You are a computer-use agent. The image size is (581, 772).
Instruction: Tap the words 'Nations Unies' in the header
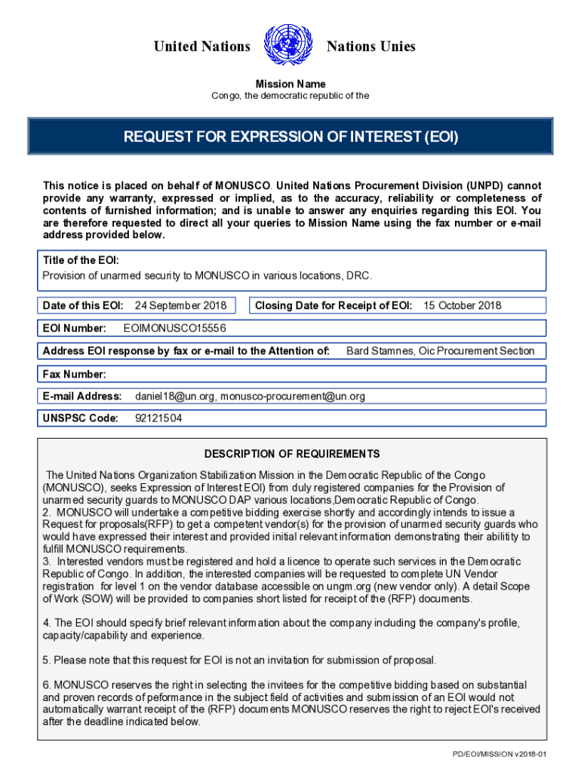click(370, 47)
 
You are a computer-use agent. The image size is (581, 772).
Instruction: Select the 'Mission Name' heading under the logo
click(290, 84)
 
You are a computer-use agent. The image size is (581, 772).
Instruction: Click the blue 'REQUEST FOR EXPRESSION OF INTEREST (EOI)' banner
click(290, 137)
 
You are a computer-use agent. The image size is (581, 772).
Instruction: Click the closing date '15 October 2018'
click(462, 305)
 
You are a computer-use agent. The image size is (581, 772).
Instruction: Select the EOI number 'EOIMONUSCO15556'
click(174, 328)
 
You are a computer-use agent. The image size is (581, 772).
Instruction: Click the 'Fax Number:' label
click(74, 374)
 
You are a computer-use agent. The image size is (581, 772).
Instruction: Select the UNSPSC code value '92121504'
click(158, 418)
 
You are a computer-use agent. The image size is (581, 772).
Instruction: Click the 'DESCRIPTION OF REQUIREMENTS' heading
click(292, 454)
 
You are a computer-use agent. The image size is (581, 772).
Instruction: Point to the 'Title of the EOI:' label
click(81, 260)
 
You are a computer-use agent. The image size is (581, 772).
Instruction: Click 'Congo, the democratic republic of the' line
click(290, 96)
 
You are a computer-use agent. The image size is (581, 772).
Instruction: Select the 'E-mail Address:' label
click(82, 396)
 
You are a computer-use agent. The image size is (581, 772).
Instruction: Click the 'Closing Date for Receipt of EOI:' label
click(333, 305)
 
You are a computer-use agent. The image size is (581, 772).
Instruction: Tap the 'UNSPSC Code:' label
click(80, 418)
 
